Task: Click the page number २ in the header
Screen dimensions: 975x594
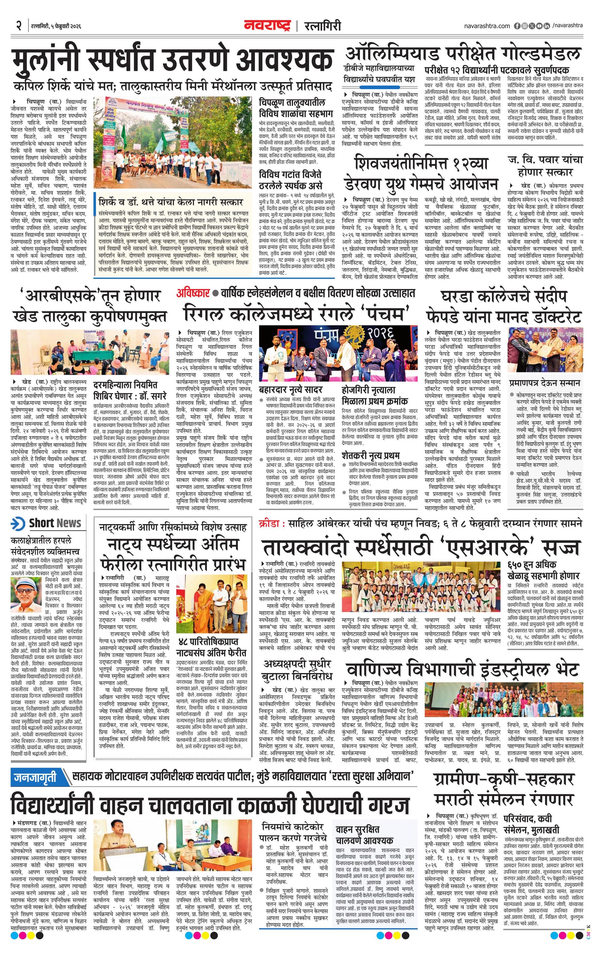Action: click(18, 26)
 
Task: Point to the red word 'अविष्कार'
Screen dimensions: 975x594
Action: click(193, 293)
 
